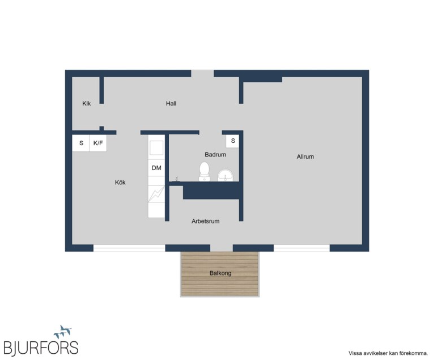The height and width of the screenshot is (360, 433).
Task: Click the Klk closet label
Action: click(x=87, y=103)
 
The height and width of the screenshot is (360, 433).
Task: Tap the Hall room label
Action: click(x=171, y=103)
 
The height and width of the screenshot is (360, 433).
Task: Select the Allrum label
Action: click(x=305, y=156)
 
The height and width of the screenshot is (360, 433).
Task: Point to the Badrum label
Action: click(x=215, y=154)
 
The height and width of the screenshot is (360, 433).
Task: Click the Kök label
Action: click(x=120, y=183)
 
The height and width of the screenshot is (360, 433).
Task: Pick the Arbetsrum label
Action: click(x=206, y=221)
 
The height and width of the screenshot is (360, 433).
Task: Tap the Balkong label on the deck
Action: click(x=220, y=273)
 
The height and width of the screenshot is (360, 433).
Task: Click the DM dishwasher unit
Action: click(x=156, y=168)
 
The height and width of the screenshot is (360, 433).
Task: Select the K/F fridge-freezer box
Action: click(x=98, y=143)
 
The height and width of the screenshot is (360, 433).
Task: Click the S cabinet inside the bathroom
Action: click(x=232, y=141)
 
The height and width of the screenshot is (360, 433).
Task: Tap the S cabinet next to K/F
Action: click(x=81, y=143)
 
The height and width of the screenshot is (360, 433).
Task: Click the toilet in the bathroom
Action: click(x=205, y=172)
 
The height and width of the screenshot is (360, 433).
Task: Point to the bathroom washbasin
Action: click(x=226, y=175)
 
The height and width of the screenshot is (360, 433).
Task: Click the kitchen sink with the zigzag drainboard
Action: click(x=156, y=194)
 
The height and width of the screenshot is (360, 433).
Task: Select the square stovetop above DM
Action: click(x=156, y=147)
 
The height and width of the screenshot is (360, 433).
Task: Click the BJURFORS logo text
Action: click(x=41, y=348)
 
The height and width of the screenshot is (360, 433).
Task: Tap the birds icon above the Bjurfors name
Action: click(x=63, y=332)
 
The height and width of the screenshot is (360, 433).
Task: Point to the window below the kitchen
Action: click(x=129, y=248)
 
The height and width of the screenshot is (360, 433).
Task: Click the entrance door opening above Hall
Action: click(x=202, y=74)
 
